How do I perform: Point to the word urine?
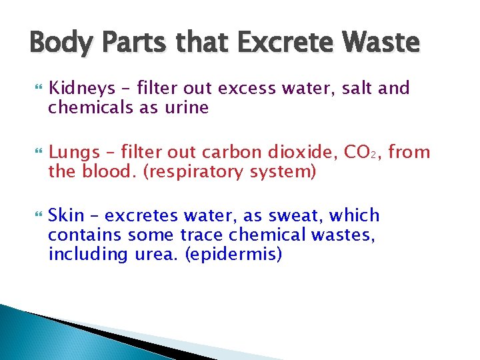(189, 108)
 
